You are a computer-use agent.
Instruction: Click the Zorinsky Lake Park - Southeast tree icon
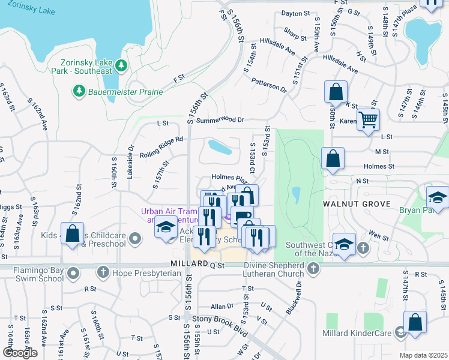pos(121,65)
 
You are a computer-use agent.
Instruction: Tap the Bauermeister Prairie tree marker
pos(78,91)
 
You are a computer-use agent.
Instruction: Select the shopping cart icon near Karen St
pos(367,119)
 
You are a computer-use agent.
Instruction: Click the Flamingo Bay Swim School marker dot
pos(74,274)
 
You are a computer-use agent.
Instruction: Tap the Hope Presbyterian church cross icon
pos(103,273)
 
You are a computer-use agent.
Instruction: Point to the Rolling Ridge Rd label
pos(162,145)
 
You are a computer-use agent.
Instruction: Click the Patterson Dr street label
pos(269,85)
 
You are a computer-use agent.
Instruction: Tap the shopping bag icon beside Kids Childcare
pos(72,235)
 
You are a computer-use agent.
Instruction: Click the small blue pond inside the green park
pos(296,194)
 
